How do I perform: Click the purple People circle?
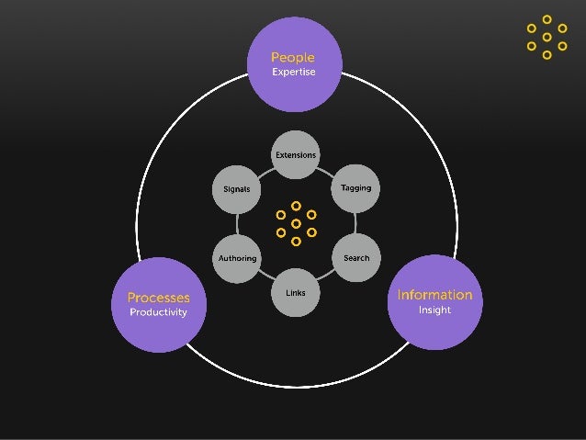coord(293,63)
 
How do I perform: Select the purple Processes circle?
coord(158,304)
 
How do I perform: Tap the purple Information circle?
coord(434,302)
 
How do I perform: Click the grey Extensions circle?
coord(296,155)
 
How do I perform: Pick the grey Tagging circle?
coord(355,188)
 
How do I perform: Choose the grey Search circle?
coord(355,258)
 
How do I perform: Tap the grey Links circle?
coord(296,292)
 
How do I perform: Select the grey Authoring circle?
coord(237,258)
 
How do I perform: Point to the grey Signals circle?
coord(237,188)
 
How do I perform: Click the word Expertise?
coord(293,73)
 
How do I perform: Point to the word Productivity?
coord(158,312)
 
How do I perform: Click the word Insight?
coord(434,310)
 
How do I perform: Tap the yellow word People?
coord(293,57)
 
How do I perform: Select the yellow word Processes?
coord(158,297)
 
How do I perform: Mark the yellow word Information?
coord(434,295)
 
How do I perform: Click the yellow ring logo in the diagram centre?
coord(296,223)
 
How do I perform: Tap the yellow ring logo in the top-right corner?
coord(547,37)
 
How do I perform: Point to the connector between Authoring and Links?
coord(265,277)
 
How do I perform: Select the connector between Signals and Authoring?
coord(237,223)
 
